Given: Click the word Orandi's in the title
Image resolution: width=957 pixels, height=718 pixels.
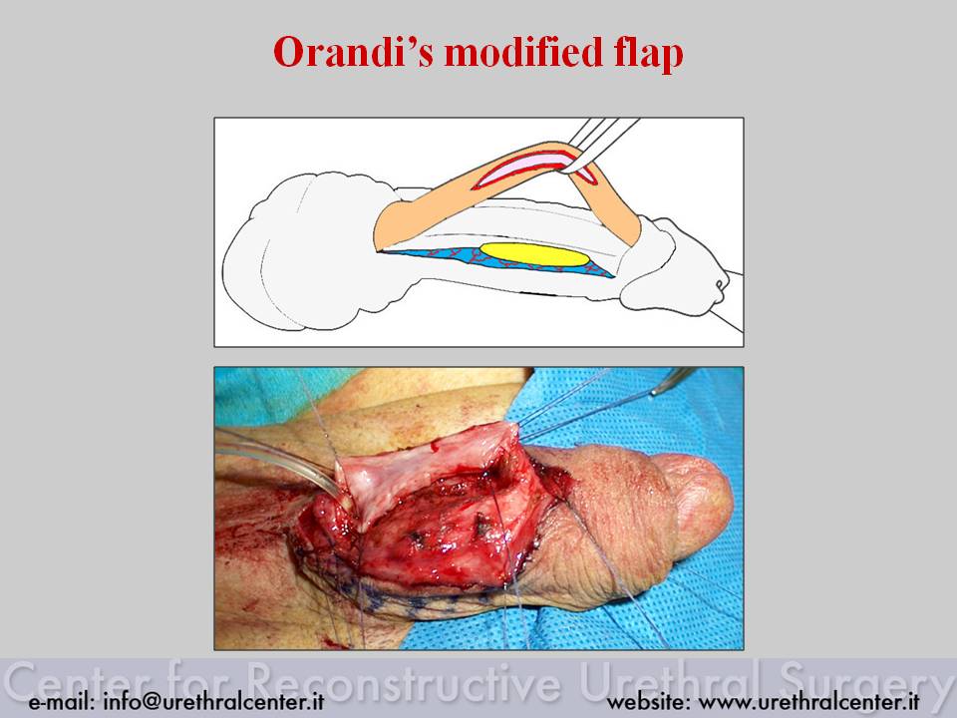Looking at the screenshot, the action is pos(353,52).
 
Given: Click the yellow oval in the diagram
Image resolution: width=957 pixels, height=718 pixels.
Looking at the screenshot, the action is pos(535,254).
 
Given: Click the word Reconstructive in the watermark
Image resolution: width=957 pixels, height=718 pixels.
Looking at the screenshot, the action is pos(407,679).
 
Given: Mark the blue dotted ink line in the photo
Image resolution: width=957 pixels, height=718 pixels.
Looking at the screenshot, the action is pos(391,599).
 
